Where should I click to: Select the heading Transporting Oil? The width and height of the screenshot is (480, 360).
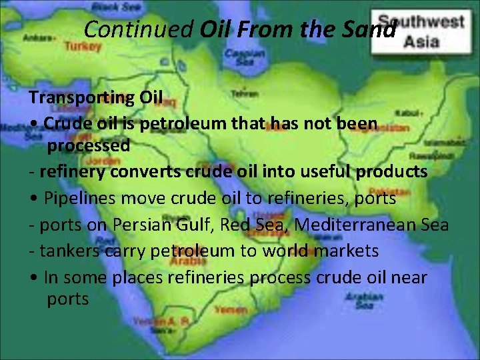coord(95,97)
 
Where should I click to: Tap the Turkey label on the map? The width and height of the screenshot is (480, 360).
coord(83,47)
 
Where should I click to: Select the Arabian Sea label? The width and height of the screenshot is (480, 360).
coord(364,301)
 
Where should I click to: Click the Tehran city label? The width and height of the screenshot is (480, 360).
coord(245,93)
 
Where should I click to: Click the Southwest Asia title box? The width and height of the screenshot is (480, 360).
coord(421,31)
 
